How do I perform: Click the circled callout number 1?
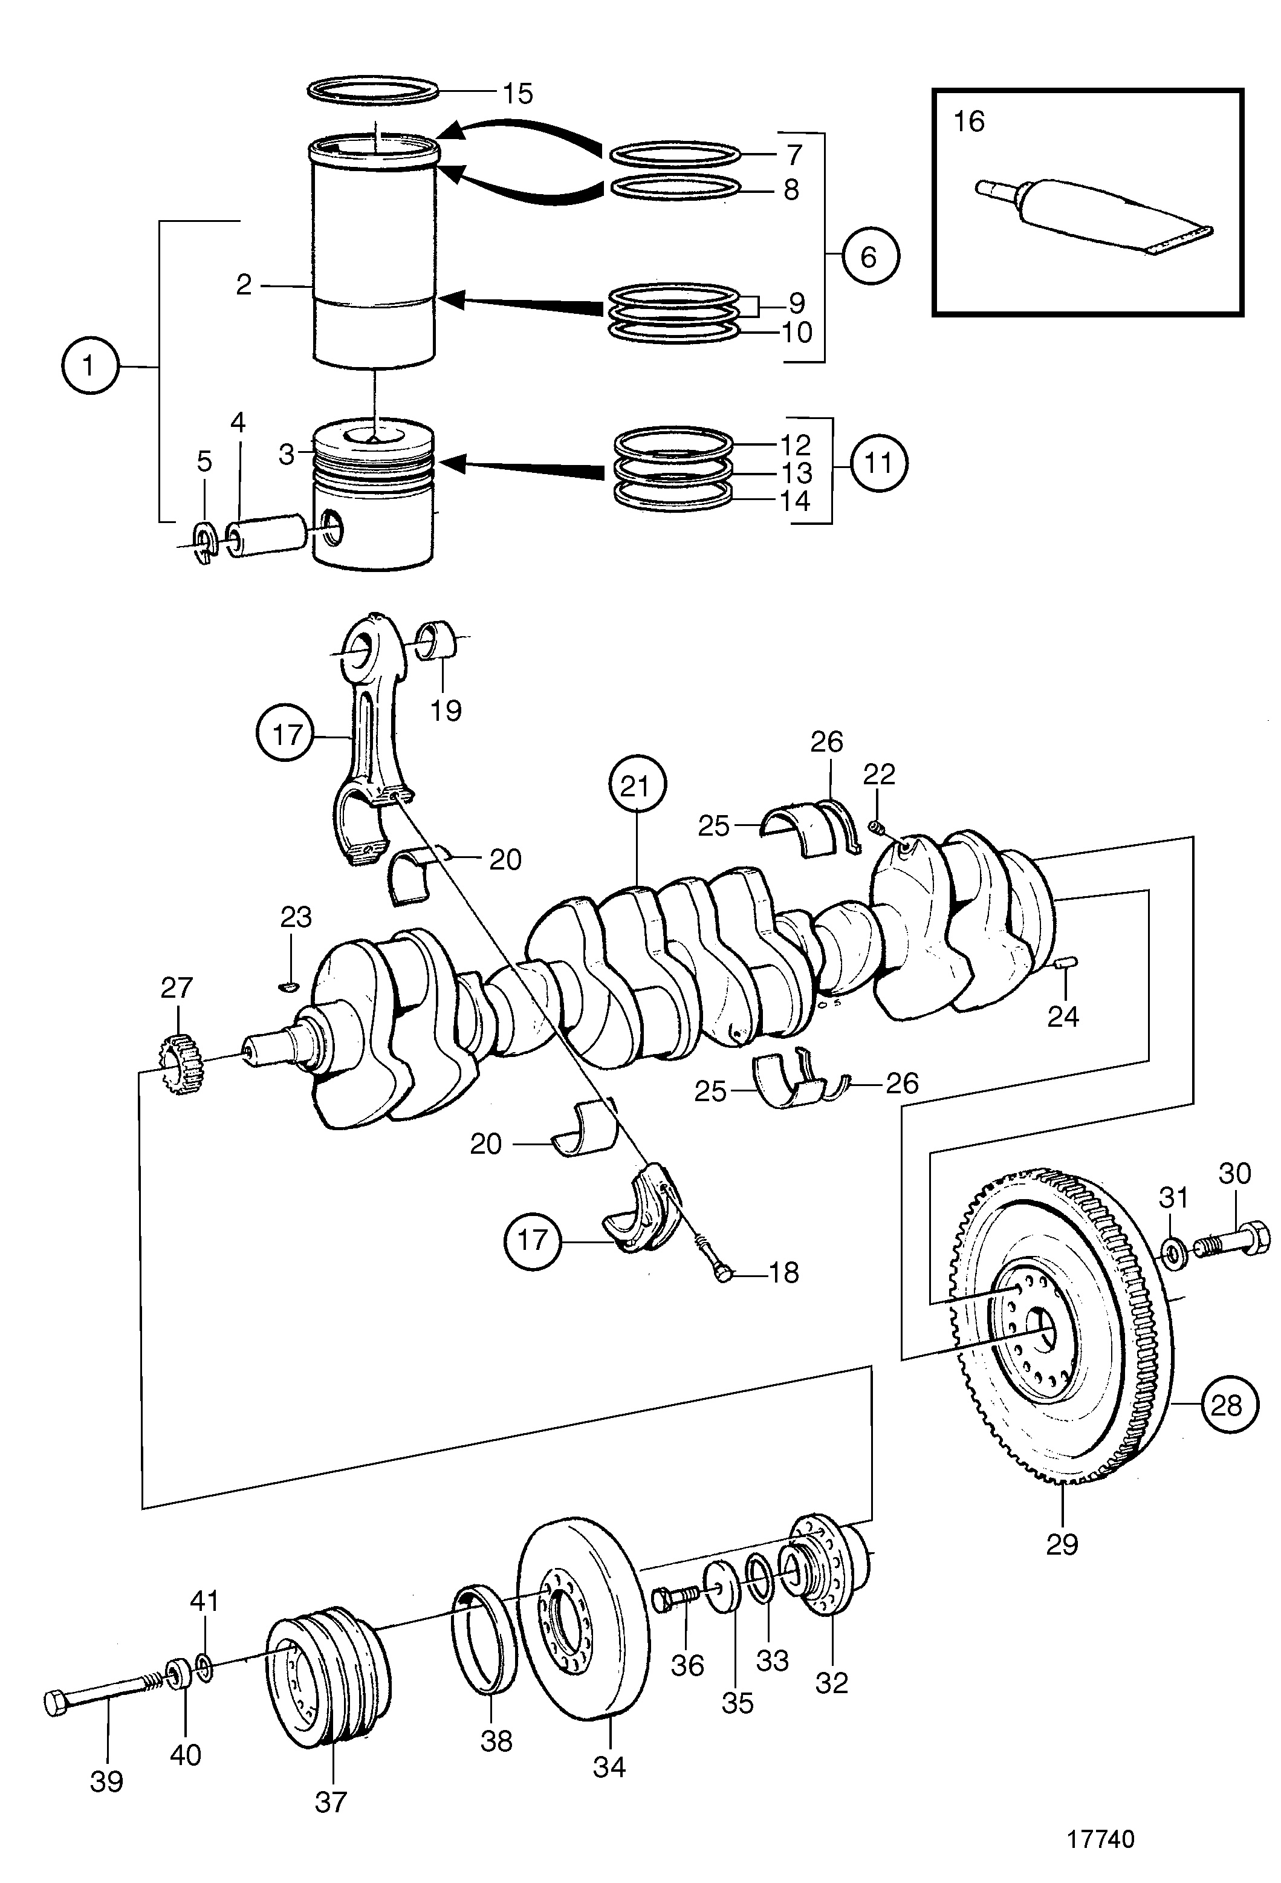point(91,365)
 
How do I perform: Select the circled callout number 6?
point(869,256)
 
